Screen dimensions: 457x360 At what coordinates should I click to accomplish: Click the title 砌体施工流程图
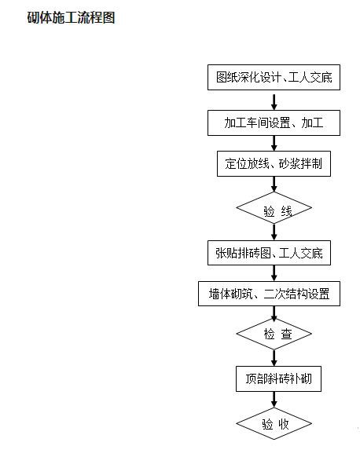pyautogui.click(x=72, y=17)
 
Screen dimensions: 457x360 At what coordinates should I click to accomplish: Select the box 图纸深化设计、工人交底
pyautogui.click(x=274, y=78)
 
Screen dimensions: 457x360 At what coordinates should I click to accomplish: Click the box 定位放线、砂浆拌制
pyautogui.click(x=274, y=164)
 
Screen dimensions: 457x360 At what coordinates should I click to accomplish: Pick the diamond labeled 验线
pyautogui.click(x=274, y=209)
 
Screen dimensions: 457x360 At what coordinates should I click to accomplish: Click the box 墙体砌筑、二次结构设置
pyautogui.click(x=274, y=294)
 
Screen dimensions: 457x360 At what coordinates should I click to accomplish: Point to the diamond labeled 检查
pyautogui.click(x=274, y=334)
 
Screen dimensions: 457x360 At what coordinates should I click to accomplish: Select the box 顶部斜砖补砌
pyautogui.click(x=274, y=378)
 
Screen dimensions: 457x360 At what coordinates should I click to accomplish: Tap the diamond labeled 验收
pyautogui.click(x=274, y=423)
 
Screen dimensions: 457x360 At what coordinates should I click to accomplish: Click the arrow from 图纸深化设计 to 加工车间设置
pyautogui.click(x=274, y=101)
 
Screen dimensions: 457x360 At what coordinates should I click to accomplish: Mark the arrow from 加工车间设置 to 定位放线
pyautogui.click(x=274, y=143)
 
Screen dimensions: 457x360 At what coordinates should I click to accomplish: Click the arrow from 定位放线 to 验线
pyautogui.click(x=274, y=184)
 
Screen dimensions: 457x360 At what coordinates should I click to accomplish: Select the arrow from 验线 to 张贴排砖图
pyautogui.click(x=274, y=232)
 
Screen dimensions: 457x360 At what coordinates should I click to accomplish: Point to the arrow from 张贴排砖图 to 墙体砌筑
pyautogui.click(x=274, y=273)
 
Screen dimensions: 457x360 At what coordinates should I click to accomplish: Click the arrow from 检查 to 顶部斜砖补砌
pyautogui.click(x=274, y=357)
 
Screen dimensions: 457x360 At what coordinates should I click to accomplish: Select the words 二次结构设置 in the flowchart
pyautogui.click(x=302, y=294)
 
